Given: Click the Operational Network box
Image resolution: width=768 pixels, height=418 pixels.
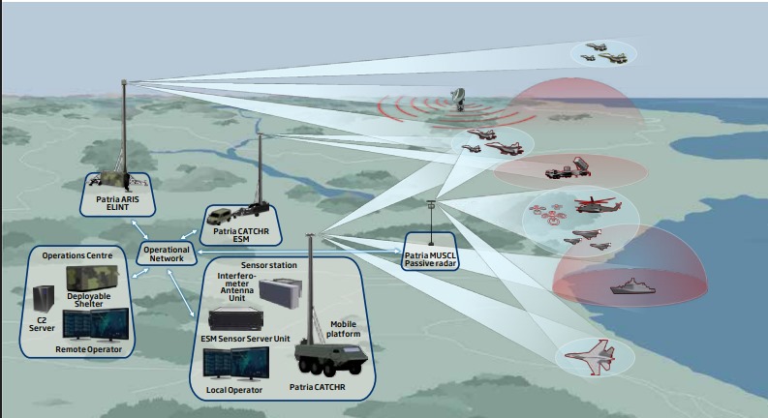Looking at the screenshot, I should coord(165,253).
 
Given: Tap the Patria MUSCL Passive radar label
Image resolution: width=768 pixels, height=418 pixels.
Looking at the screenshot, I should coord(431,256).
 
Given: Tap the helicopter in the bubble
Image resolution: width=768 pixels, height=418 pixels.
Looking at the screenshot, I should coord(590,205).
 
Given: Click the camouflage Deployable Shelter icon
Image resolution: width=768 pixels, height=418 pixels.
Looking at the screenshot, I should coord(92,280).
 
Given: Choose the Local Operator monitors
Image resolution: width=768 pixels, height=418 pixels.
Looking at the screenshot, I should coord(234,367).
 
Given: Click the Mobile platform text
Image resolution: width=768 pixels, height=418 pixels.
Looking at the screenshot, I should coord(344,330).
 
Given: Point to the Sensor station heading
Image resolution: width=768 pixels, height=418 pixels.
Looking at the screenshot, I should coord(269,262).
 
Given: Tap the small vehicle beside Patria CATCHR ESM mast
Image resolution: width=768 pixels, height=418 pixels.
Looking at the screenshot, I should coord(224,217).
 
